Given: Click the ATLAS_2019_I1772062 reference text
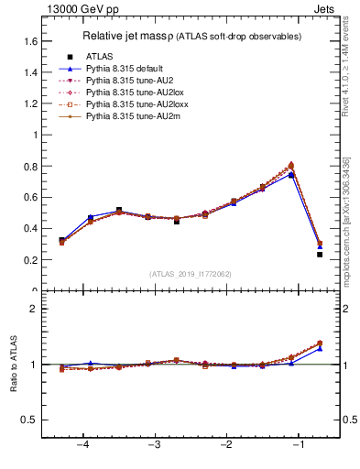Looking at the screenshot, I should click(191, 273).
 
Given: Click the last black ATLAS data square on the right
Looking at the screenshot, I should click(320, 255).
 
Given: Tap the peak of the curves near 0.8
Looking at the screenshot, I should click(291, 166).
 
